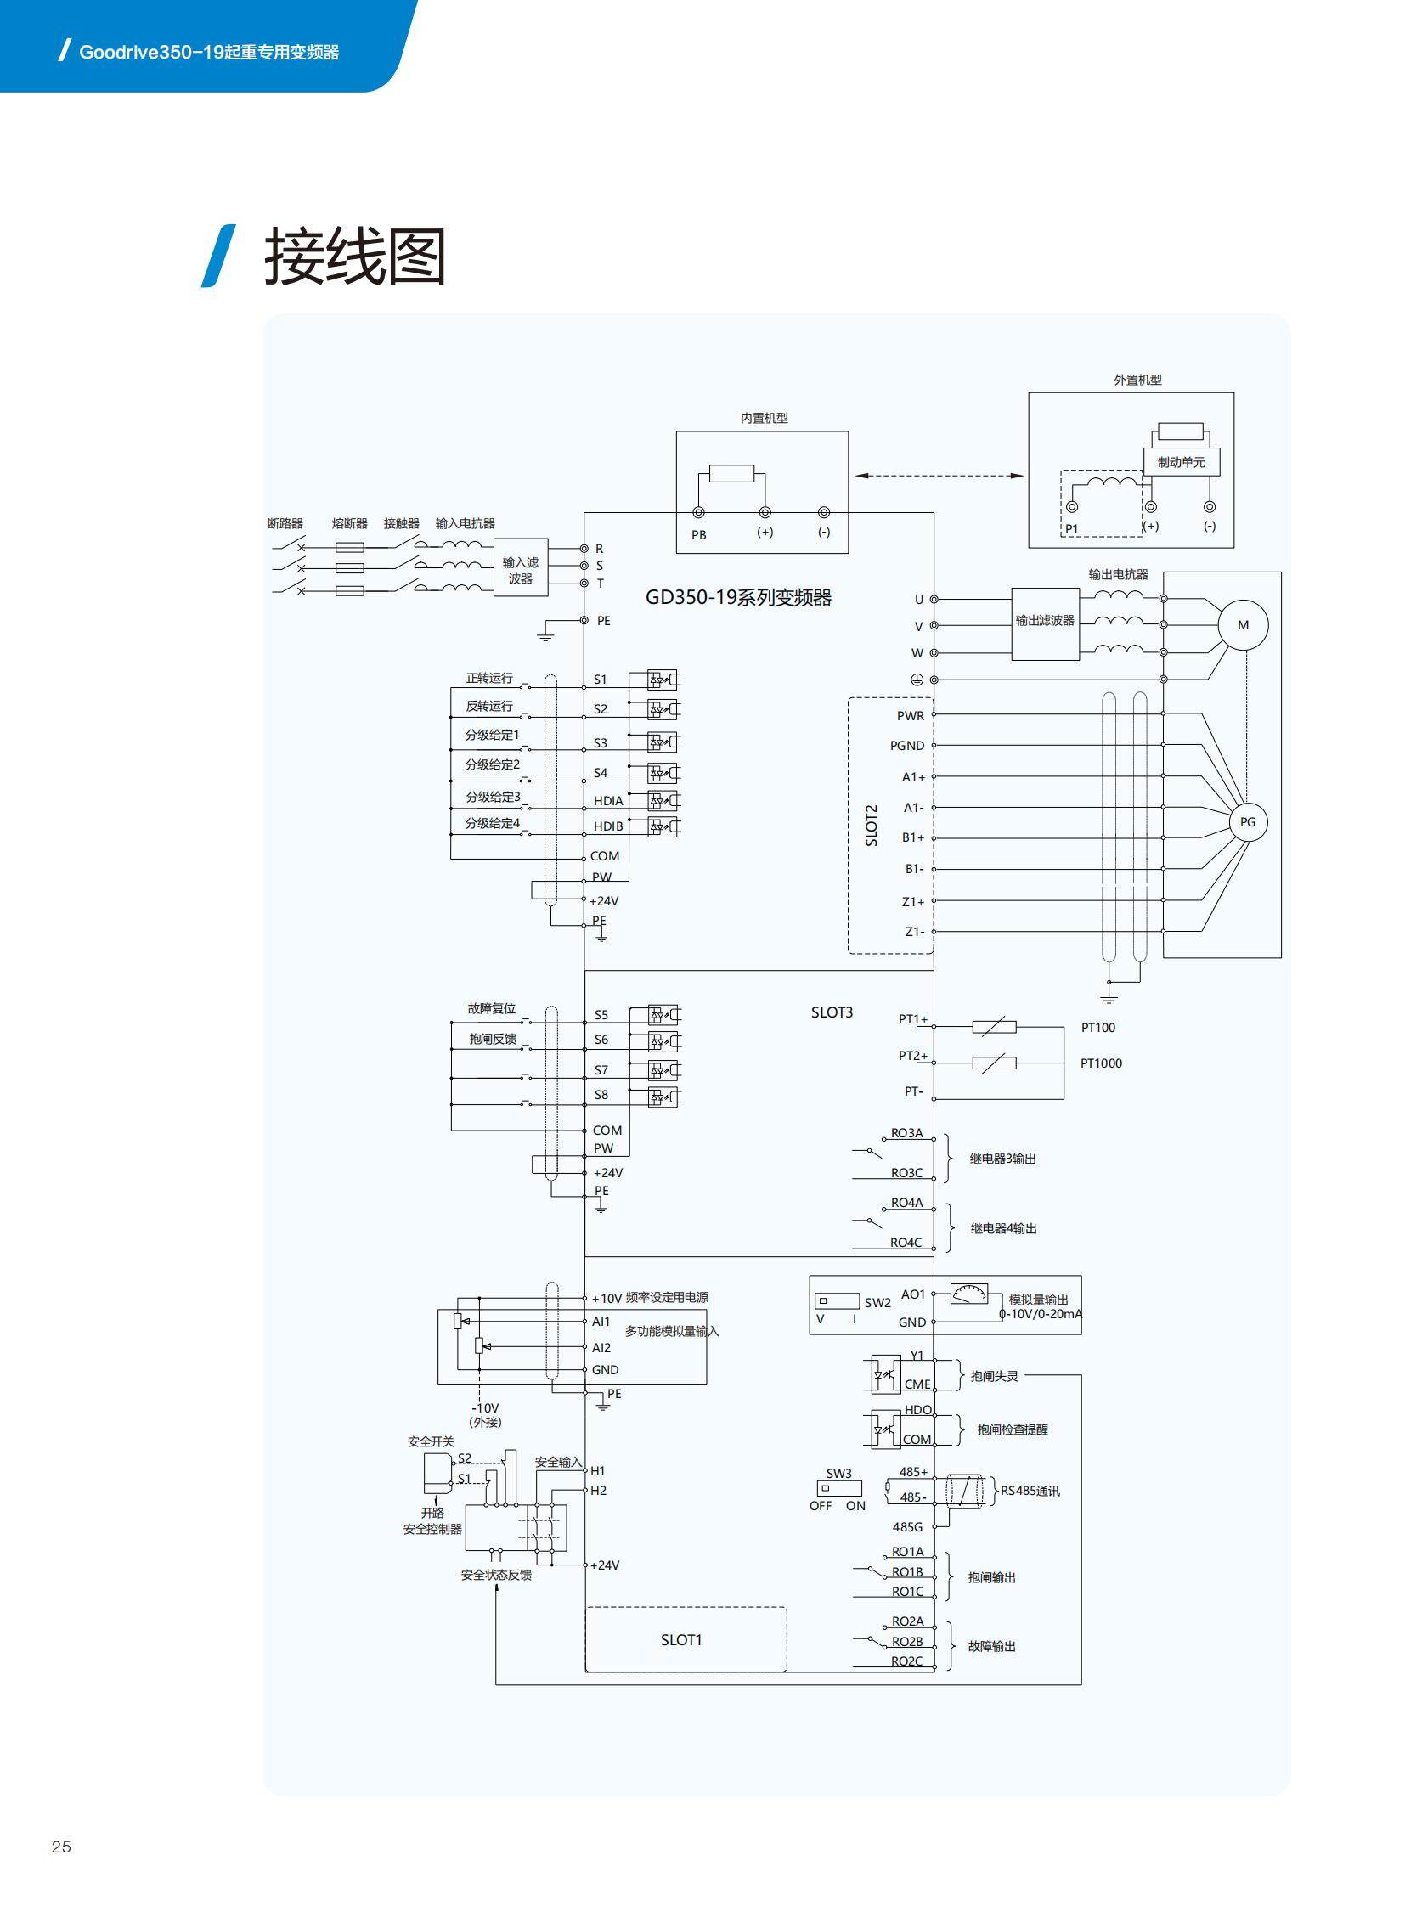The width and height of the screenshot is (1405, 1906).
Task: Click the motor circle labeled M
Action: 1243,625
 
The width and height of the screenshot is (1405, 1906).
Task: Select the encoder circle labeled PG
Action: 1247,821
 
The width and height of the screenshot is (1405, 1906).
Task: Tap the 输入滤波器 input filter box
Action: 521,568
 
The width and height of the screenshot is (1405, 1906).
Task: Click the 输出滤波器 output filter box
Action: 1044,622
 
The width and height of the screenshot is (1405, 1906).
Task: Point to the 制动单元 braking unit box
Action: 1181,462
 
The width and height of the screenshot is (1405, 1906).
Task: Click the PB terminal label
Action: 698,535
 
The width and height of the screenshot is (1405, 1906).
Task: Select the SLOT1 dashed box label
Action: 681,1640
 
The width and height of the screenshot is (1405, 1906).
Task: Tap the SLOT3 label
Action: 831,1012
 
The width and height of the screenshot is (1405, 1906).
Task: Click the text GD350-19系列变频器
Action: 737,598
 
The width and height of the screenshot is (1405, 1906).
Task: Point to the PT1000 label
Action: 1101,1063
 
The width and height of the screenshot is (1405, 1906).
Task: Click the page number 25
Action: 61,1847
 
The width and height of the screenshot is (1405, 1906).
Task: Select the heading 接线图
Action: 355,257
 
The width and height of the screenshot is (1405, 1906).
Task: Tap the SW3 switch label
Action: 838,1473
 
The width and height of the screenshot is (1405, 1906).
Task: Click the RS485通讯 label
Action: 1029,1490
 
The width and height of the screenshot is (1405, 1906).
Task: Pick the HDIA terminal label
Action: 608,801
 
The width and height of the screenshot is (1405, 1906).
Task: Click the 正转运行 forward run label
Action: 489,678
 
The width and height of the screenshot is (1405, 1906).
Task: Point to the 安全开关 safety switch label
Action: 431,1441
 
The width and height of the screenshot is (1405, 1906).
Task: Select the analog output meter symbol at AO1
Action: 968,1294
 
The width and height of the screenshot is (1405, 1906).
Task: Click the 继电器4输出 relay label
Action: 1003,1228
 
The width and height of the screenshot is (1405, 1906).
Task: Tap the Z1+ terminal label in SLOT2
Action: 913,901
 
